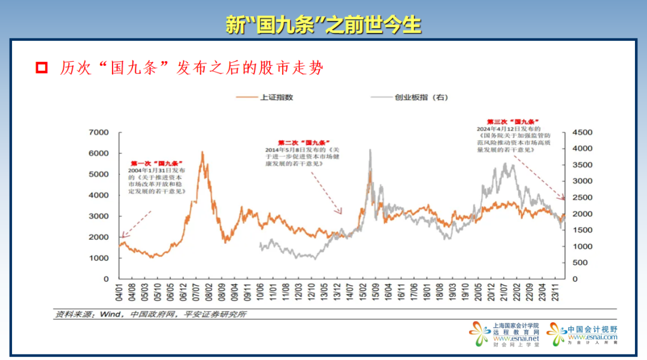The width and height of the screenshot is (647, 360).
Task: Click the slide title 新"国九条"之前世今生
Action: tap(323, 25)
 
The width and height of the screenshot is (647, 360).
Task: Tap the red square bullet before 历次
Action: tap(41, 67)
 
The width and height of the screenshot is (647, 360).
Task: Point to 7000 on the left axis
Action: tap(98, 132)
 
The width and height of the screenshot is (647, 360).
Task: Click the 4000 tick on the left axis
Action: tap(98, 195)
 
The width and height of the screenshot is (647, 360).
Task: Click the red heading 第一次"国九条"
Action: tap(156, 163)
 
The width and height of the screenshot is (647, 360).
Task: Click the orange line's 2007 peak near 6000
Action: tap(202, 153)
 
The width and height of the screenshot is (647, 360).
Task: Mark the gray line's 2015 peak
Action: tap(370, 150)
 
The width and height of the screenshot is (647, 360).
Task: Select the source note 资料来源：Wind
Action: tap(150, 314)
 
